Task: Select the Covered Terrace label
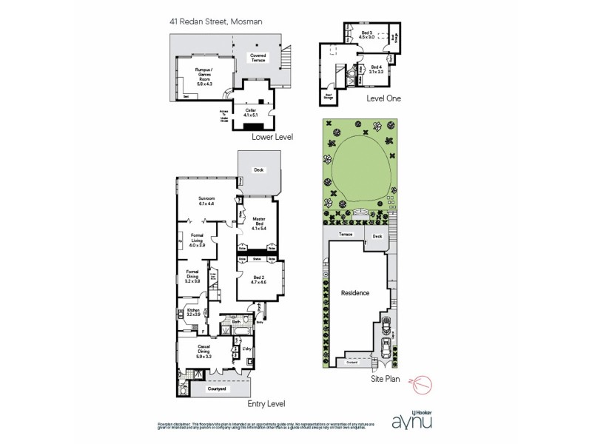coord(258,58)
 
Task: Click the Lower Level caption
coord(272,138)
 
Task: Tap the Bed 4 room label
coord(377,70)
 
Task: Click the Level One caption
coord(383,98)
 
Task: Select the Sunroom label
coord(206,201)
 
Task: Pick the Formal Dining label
coord(193,278)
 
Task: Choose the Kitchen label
coord(193,312)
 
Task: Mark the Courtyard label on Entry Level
coord(216,388)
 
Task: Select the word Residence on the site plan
coord(354,293)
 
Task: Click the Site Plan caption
coord(386,378)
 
